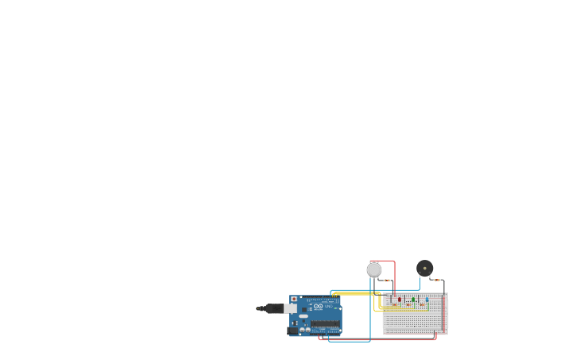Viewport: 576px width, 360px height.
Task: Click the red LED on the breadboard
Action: click(x=399, y=300)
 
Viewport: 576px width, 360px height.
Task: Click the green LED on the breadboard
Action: click(x=413, y=300)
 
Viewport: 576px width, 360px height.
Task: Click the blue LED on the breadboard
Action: click(x=427, y=300)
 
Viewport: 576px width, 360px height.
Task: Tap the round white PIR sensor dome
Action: click(x=374, y=269)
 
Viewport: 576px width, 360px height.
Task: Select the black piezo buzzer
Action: click(x=425, y=268)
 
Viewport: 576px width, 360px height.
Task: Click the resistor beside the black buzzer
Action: click(x=437, y=280)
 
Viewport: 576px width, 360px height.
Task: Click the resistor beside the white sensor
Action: click(x=387, y=280)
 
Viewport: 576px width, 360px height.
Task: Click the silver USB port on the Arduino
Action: click(x=291, y=308)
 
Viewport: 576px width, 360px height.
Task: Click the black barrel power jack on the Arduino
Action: click(x=292, y=329)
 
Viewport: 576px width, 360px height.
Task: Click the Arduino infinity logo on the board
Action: click(x=318, y=306)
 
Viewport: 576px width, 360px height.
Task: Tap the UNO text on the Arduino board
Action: click(x=328, y=307)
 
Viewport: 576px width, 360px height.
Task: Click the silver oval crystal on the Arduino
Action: click(x=303, y=316)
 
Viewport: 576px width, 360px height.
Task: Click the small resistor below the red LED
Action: click(x=394, y=305)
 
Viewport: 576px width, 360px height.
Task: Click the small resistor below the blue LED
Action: click(x=422, y=305)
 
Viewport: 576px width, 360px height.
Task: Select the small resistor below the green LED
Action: click(x=408, y=305)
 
